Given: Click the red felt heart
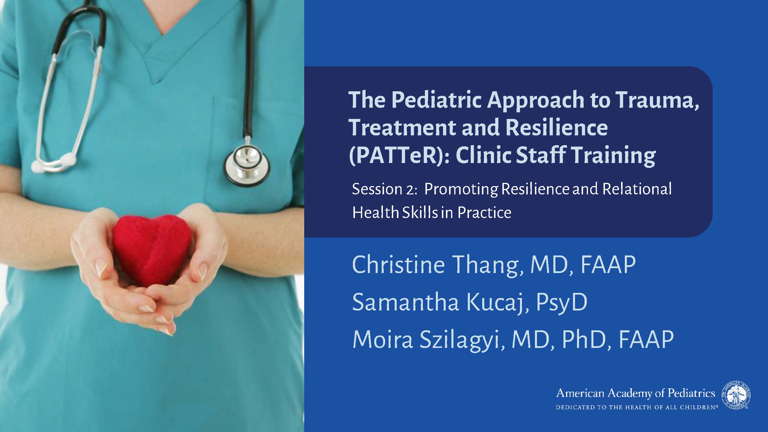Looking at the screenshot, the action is tap(152, 249).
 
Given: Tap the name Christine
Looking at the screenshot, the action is tap(399, 264).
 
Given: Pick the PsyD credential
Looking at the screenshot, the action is tap(562, 302).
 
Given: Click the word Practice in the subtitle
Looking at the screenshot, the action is tap(485, 213).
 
